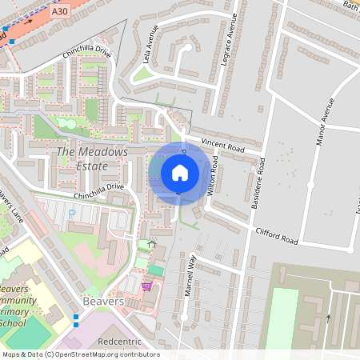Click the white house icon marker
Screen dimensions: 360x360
pos(180,173)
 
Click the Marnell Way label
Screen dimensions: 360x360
pos(190,275)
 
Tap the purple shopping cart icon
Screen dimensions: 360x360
pos(146,286)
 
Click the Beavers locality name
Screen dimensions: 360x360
pos(102,302)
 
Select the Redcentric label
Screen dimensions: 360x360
pos(118,342)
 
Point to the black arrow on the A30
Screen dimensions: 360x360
pos(28,23)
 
